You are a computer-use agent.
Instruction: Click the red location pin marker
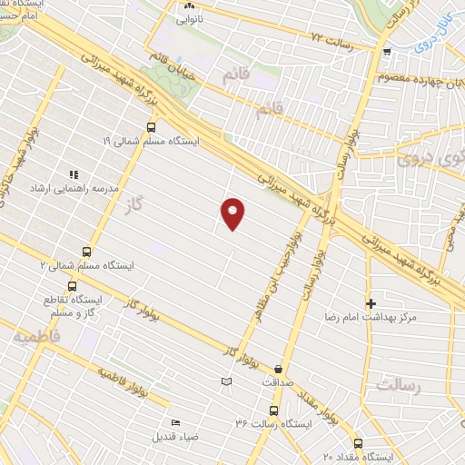pos(233,213)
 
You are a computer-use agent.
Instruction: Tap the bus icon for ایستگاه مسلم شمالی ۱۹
pos(150,127)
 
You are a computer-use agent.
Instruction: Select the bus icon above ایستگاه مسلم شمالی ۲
pos(87,252)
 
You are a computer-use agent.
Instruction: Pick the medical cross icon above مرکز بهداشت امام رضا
pos(371,303)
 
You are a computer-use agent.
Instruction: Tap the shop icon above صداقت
pos(277,370)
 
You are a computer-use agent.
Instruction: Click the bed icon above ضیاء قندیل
pos(176,422)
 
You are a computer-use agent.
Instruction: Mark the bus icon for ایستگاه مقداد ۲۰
pos(357,444)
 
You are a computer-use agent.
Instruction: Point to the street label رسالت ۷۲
pos(330,37)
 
